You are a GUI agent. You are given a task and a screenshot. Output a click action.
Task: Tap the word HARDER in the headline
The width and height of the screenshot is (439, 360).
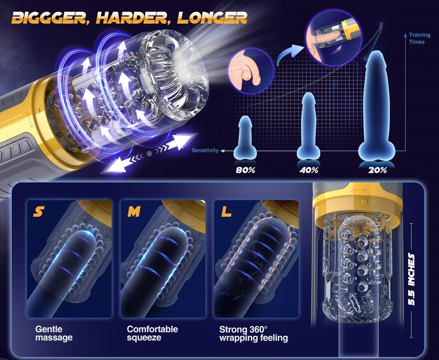[x=132, y=18]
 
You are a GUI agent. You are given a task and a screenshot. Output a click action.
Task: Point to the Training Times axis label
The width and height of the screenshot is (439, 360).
[x=420, y=38]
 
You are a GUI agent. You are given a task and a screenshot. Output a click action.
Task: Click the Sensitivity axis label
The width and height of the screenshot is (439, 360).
[x=205, y=150]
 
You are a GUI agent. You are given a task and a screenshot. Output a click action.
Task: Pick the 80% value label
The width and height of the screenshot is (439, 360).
[x=245, y=170]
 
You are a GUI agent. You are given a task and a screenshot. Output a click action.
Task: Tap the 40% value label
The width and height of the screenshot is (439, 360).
[x=309, y=170]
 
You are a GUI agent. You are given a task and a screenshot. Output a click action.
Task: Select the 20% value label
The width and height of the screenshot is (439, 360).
[x=378, y=170]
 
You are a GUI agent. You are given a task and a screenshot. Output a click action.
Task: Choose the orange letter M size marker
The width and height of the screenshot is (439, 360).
[x=134, y=211]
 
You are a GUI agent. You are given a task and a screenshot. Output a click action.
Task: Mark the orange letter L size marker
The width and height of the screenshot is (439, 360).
[x=226, y=211]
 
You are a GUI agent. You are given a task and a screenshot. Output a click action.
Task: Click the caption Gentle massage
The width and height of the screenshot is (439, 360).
[x=54, y=333]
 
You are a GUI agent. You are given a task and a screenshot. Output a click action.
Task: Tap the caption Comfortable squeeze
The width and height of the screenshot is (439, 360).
[x=152, y=333]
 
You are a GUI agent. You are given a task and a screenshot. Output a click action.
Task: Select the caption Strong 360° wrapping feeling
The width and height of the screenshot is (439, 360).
[x=253, y=334]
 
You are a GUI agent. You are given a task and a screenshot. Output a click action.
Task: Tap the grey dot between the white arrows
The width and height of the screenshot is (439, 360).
[x=149, y=154]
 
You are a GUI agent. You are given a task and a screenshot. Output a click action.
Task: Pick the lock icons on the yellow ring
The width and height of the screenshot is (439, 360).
[x=359, y=190]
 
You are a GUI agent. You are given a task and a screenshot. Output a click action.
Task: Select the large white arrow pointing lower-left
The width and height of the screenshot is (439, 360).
[x=121, y=165]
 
